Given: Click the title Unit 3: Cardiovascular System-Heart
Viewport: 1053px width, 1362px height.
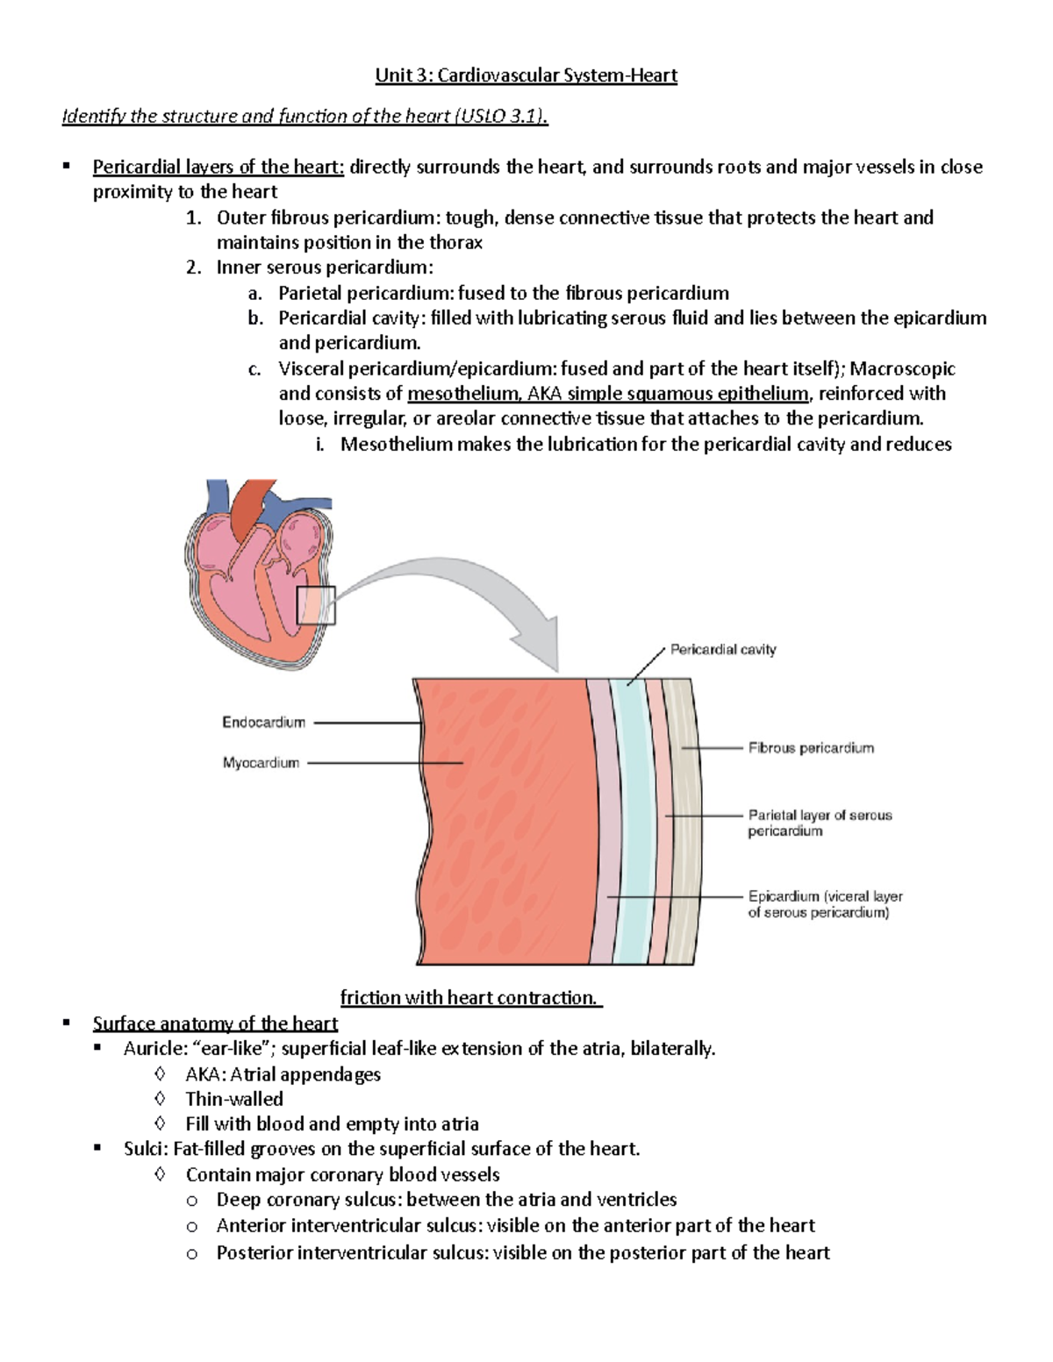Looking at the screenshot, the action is [x=526, y=75].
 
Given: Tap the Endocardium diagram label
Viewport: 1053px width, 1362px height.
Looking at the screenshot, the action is [x=263, y=723].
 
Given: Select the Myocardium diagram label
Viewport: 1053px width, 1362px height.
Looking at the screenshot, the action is [x=261, y=763].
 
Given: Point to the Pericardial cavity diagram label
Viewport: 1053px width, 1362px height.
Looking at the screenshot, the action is [x=723, y=650].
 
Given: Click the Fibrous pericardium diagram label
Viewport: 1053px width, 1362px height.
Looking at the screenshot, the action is [x=811, y=748].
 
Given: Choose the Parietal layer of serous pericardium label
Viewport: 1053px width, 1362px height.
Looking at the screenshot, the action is [x=819, y=823].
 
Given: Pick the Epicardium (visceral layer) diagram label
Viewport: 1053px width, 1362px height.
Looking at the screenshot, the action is [x=824, y=904].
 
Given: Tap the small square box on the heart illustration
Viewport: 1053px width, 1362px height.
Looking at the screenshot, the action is [x=316, y=605].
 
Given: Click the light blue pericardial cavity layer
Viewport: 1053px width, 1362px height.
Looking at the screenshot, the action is [x=630, y=824].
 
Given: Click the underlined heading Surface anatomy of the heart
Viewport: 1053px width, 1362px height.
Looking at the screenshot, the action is [x=215, y=1023].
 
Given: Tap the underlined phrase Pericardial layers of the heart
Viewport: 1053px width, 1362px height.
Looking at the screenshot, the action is [x=218, y=167].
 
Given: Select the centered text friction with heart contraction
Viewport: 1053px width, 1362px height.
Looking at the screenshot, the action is [x=469, y=998].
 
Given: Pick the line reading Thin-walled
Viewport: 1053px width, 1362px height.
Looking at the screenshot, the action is [x=234, y=1099].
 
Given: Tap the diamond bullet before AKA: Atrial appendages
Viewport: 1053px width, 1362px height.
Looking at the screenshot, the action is [x=159, y=1074].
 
